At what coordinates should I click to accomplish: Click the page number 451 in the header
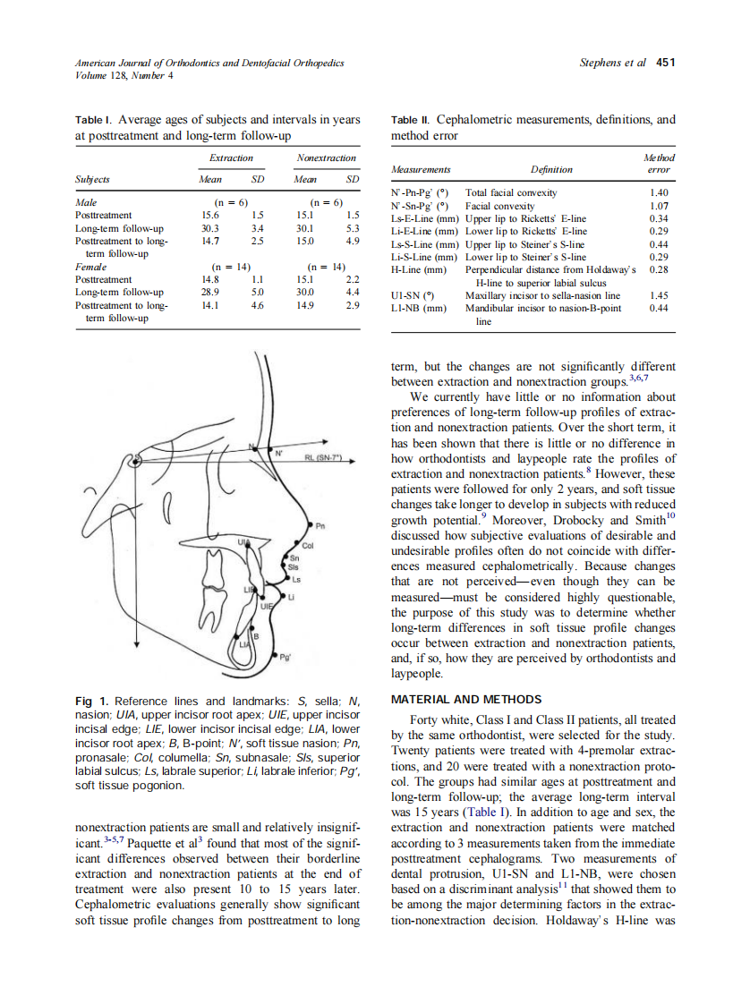tap(665, 63)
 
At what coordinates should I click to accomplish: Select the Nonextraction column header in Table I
tap(326, 158)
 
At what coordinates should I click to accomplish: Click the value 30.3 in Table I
tap(212, 228)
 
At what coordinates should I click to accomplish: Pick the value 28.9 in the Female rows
tap(212, 292)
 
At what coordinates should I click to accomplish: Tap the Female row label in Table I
tap(90, 267)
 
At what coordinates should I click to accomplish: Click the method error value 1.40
tap(659, 192)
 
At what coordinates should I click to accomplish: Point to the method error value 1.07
tap(659, 205)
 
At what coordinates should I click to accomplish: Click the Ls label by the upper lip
tap(297, 578)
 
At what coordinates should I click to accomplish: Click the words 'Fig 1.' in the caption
tap(92, 702)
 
